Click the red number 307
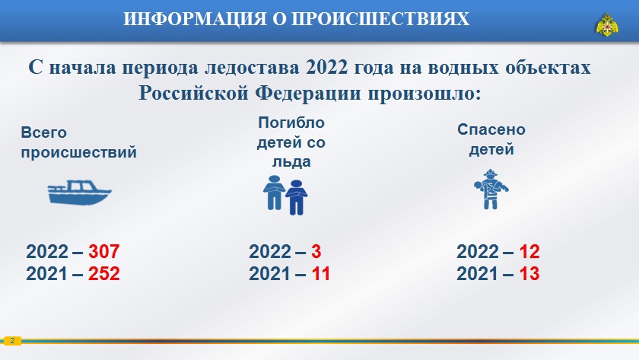[x=104, y=252]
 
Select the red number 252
[x=104, y=273]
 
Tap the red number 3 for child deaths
[x=316, y=252]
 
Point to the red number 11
[x=321, y=273]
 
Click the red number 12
[x=529, y=252]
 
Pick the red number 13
[x=529, y=273]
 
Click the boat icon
[x=79, y=192]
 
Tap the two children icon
[x=285, y=196]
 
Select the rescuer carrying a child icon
[x=491, y=190]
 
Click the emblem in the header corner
[x=607, y=25]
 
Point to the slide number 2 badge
[x=12, y=341]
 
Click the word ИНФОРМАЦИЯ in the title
[x=195, y=19]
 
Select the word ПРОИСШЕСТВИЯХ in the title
[x=381, y=19]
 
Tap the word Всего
[x=43, y=132]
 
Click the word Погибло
[x=291, y=123]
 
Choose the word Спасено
[x=491, y=129]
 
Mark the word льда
[x=291, y=162]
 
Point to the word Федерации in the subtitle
[x=309, y=94]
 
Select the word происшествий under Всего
[x=78, y=152]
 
